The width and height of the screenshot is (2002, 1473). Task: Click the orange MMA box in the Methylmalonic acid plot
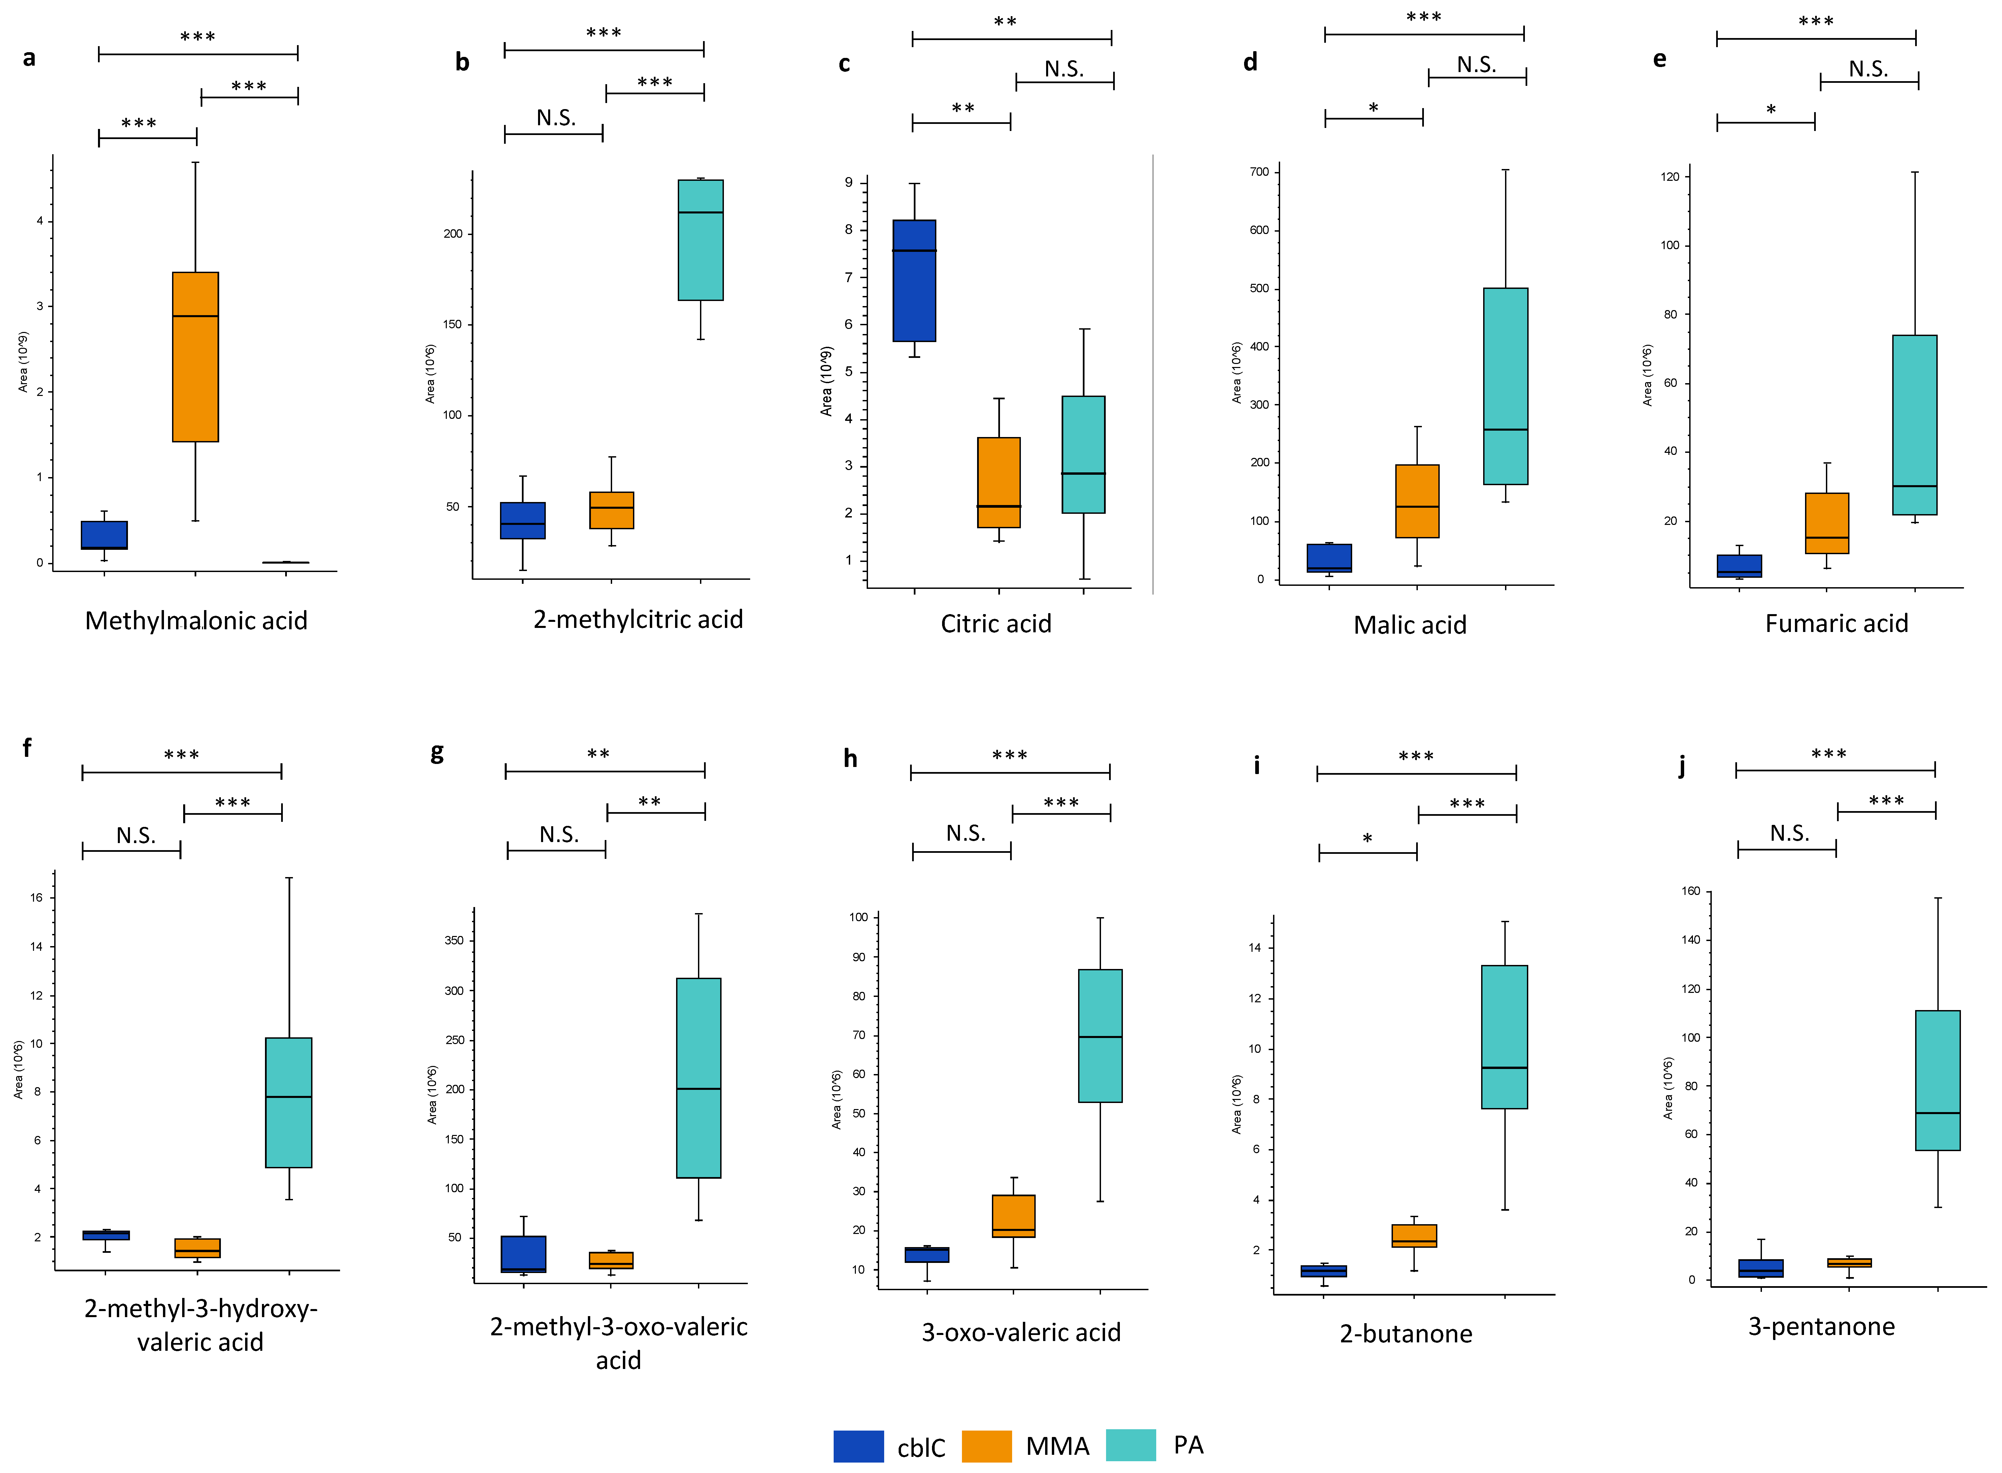click(195, 357)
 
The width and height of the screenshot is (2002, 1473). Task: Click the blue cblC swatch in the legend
click(858, 1445)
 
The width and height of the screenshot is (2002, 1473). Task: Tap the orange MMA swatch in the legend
click(986, 1445)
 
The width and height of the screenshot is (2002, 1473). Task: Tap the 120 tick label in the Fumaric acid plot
click(1669, 176)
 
